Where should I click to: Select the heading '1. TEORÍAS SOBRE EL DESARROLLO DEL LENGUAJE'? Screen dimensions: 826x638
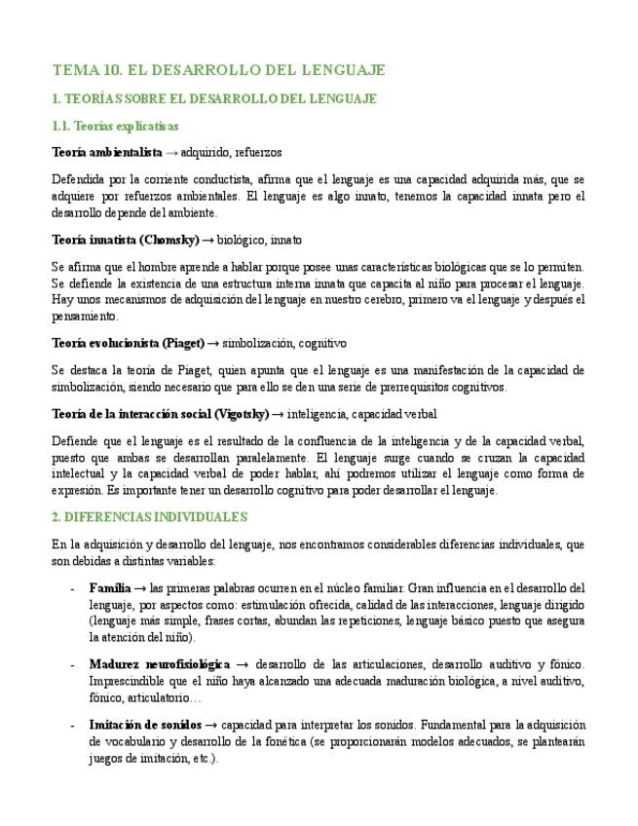point(214,99)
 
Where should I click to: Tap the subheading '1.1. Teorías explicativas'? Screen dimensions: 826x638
point(115,127)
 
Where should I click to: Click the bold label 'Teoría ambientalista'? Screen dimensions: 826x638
point(107,153)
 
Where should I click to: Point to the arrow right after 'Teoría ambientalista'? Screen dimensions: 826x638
point(171,153)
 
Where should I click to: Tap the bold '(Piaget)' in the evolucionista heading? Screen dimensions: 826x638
point(182,343)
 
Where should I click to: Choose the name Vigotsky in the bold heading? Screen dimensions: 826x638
point(241,414)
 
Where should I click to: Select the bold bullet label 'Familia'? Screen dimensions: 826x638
point(109,588)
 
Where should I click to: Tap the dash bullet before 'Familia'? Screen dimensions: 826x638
point(73,588)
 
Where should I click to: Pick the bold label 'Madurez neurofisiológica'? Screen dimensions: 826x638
point(160,664)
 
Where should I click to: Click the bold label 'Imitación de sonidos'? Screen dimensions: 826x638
point(145,725)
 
